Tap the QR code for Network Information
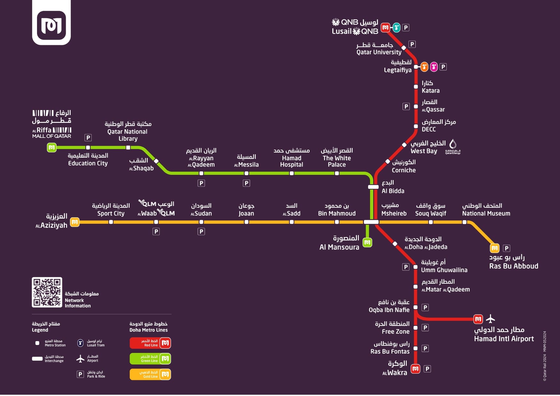coord(47,292)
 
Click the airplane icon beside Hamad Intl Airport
coord(490,318)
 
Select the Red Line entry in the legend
coord(150,343)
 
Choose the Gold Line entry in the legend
coord(150,374)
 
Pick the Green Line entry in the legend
coord(150,359)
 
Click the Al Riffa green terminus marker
coord(52,147)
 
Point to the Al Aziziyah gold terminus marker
coord(75,222)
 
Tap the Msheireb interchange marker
coord(371,222)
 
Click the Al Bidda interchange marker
coord(374,187)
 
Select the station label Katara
coord(430,91)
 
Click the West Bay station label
coord(424,151)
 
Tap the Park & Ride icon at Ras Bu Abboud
coord(506,248)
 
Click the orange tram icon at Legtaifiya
coord(424,67)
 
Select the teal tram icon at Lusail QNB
coord(396,28)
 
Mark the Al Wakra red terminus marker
coord(415,369)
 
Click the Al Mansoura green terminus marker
coord(367,243)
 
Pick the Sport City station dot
coord(111,222)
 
